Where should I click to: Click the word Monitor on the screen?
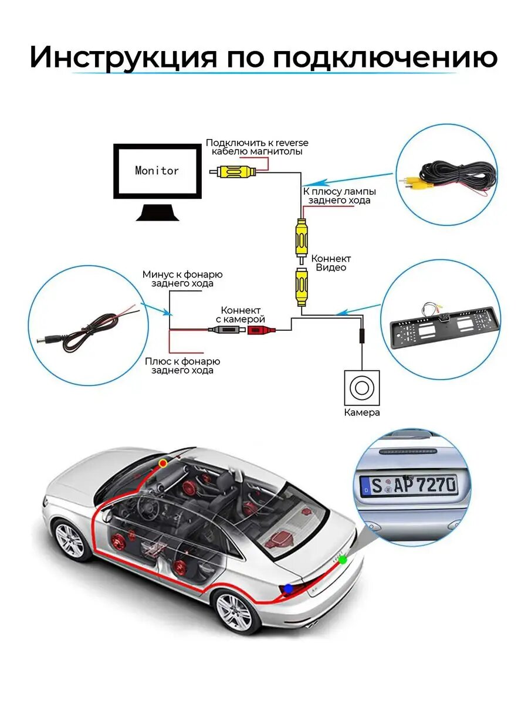[157, 171]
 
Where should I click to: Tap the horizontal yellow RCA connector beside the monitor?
[234, 172]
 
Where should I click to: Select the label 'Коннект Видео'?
[331, 263]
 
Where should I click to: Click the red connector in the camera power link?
[259, 330]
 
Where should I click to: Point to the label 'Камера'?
[362, 412]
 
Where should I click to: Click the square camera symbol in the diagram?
[361, 387]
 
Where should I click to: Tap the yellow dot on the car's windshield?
[163, 463]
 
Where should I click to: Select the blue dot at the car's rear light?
[288, 588]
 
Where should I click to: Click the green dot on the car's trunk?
[343, 560]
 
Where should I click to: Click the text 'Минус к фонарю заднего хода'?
[182, 279]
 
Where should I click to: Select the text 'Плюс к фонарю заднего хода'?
[182, 365]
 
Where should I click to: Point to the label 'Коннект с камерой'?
[241, 314]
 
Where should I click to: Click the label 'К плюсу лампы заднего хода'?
[339, 196]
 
